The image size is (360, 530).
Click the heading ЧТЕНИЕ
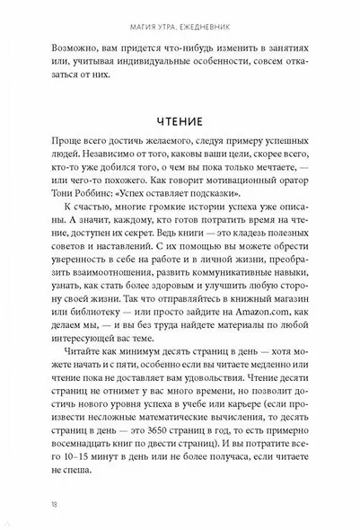coord(180,120)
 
